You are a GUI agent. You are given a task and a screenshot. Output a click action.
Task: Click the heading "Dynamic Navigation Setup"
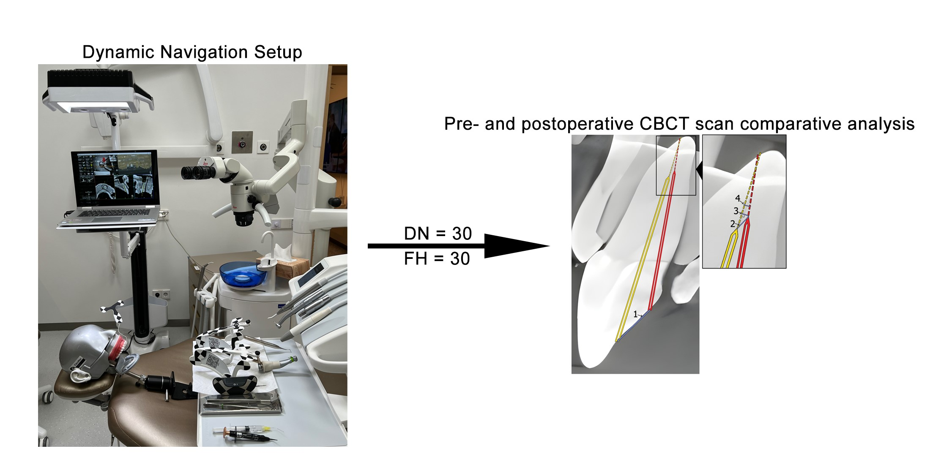coord(192,52)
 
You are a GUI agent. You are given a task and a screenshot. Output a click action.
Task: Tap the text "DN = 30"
coord(438,234)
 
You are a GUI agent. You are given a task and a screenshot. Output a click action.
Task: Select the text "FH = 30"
coord(437,259)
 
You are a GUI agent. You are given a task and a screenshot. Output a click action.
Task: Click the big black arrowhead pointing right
coord(516,246)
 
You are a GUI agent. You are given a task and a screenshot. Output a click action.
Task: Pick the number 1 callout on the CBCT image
coord(635,314)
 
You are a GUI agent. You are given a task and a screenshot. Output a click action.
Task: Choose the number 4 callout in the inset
coord(738,198)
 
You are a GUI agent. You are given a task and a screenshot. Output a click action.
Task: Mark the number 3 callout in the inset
coord(736,210)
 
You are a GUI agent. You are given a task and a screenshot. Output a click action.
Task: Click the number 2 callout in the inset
coord(733,224)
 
